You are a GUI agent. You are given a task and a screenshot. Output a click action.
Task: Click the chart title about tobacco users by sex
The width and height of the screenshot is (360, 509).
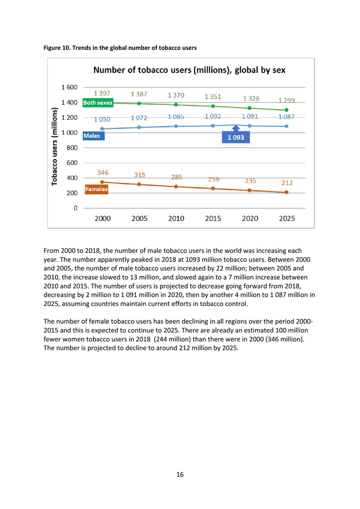click(x=189, y=70)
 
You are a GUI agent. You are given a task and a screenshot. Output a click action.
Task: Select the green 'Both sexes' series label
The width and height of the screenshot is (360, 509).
click(x=98, y=103)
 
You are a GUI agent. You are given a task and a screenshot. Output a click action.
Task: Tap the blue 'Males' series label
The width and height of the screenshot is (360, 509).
click(x=92, y=136)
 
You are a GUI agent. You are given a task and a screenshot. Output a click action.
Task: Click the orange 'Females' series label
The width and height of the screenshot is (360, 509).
click(x=96, y=189)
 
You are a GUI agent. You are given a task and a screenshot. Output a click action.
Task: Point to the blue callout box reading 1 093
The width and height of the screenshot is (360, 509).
click(x=236, y=137)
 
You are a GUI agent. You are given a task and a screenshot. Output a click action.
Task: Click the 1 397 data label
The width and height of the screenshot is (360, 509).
click(x=102, y=93)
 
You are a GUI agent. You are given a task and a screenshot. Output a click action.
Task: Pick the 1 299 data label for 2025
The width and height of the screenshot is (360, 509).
click(x=287, y=101)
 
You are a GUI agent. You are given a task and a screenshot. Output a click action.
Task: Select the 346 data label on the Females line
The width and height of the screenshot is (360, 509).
click(x=103, y=172)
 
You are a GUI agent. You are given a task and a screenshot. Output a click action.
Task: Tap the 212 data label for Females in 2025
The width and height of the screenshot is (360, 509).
click(x=286, y=183)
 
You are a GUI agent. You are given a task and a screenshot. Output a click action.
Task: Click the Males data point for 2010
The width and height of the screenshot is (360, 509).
click(x=176, y=126)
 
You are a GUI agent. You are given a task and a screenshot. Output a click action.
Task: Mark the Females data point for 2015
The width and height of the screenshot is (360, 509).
click(x=213, y=189)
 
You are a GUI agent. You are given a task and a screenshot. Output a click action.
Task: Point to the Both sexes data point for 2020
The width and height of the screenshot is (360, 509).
click(x=250, y=108)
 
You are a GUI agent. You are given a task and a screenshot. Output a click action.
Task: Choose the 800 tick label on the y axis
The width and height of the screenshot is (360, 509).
click(x=71, y=148)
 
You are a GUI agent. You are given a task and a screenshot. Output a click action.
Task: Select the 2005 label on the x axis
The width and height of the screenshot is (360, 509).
click(x=139, y=218)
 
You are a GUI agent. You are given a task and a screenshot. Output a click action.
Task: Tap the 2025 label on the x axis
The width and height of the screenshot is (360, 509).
click(x=287, y=218)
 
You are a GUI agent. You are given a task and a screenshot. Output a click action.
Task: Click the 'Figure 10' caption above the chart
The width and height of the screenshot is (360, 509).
click(x=120, y=48)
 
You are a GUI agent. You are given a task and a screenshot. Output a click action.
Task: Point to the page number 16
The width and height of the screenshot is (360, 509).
click(x=180, y=475)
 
